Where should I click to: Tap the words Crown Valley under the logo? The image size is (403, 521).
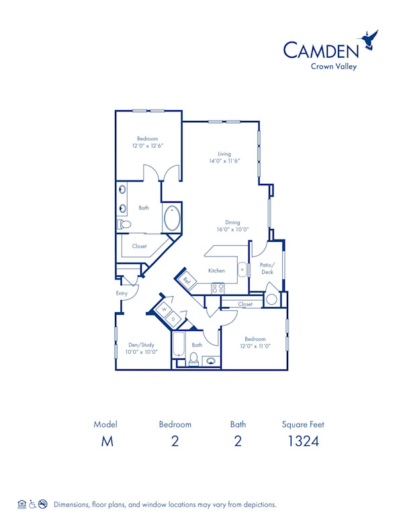pyautogui.click(x=334, y=66)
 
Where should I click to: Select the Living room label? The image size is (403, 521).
pyautogui.click(x=224, y=154)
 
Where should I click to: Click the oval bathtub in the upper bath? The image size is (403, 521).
pyautogui.click(x=172, y=218)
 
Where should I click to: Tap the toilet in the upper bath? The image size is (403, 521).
pyautogui.click(x=123, y=224)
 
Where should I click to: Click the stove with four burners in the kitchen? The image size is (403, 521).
pyautogui.click(x=218, y=288)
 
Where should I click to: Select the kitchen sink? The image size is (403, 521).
pyautogui.click(x=240, y=270)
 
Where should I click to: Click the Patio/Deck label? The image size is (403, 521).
pyautogui.click(x=267, y=269)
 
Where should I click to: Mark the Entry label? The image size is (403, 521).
pyautogui.click(x=121, y=293)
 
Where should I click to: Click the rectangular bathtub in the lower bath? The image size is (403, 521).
pyautogui.click(x=179, y=345)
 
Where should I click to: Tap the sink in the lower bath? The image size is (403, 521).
pyautogui.click(x=211, y=361)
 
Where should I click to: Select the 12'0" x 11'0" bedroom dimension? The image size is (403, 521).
pyautogui.click(x=255, y=346)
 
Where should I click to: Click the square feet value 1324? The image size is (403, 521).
pyautogui.click(x=303, y=441)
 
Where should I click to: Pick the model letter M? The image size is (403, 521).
pyautogui.click(x=105, y=441)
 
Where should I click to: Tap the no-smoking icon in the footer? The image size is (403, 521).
pyautogui.click(x=42, y=504)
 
